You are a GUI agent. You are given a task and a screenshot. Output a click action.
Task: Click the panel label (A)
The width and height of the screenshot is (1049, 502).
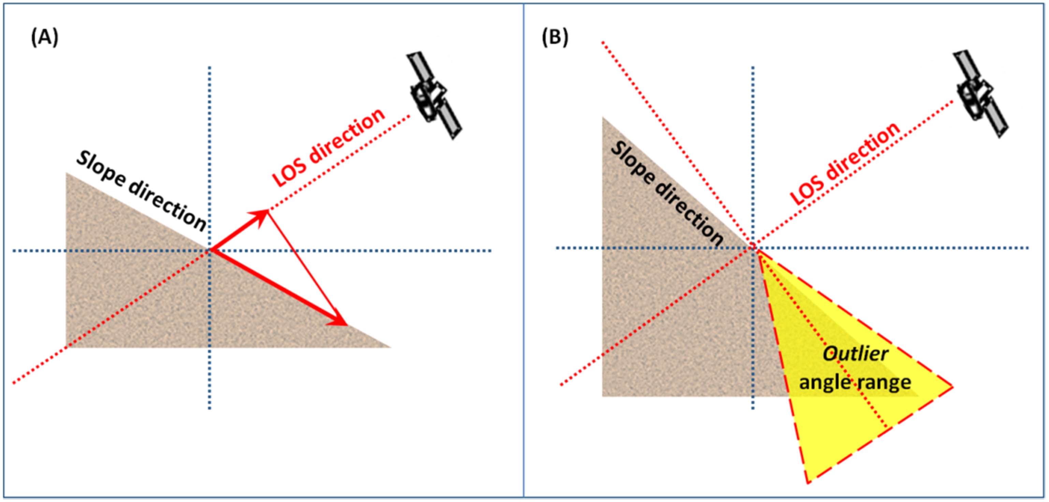[x=45, y=39]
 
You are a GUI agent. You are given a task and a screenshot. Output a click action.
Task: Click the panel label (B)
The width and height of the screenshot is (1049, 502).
[x=555, y=39]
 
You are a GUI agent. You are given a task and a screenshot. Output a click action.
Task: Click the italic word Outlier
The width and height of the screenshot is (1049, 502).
[x=855, y=354]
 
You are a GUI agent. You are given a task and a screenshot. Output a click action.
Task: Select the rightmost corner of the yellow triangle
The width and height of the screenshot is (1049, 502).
[x=952, y=386]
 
